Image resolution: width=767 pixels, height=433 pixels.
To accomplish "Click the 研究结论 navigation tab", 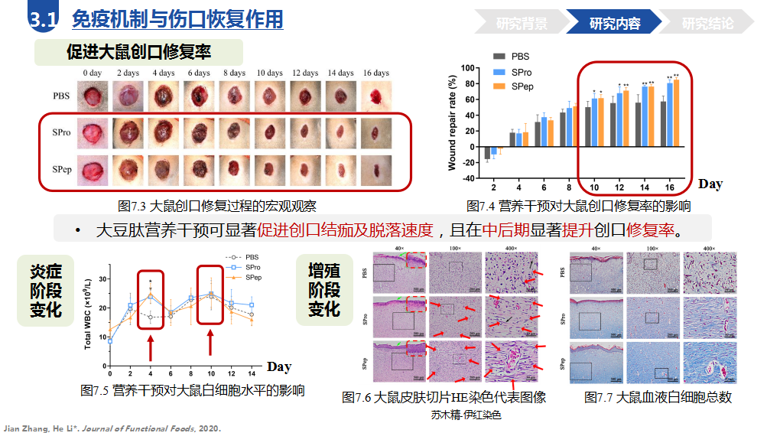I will click(x=707, y=24).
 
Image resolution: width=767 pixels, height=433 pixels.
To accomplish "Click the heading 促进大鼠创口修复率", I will click(x=138, y=53).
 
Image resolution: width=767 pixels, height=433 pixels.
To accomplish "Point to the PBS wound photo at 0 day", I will click(x=93, y=96).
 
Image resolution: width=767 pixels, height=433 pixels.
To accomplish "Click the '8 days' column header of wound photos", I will click(x=234, y=73).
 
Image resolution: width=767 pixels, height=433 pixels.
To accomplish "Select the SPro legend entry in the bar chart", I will click(x=515, y=71).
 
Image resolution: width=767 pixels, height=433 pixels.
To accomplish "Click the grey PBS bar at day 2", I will click(x=487, y=151).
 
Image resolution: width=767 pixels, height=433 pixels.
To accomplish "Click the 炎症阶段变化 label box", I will click(x=46, y=290).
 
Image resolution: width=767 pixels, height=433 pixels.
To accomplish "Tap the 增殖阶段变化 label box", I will click(x=323, y=290).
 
